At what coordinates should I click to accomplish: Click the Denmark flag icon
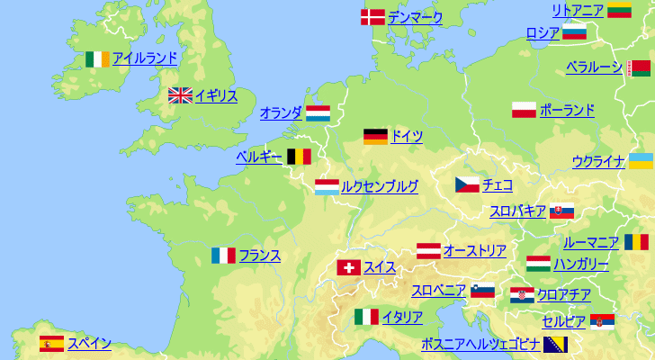pyautogui.click(x=372, y=17)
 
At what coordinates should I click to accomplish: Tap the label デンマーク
pyautogui.click(x=416, y=17)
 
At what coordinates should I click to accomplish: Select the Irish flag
pyautogui.click(x=98, y=58)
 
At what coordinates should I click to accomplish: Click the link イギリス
pyautogui.click(x=216, y=95)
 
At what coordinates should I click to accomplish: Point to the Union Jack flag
pyautogui.click(x=180, y=95)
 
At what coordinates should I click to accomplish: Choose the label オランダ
pyautogui.click(x=281, y=113)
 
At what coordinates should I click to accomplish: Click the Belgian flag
pyautogui.click(x=299, y=157)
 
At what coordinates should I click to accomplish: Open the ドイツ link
pyautogui.click(x=407, y=137)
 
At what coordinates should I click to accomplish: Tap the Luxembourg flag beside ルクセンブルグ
pyautogui.click(x=327, y=187)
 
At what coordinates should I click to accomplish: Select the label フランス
pyautogui.click(x=260, y=256)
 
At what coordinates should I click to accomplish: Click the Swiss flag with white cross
pyautogui.click(x=349, y=267)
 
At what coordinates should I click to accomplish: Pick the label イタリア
pyautogui.click(x=402, y=317)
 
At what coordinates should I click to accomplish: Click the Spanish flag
pyautogui.click(x=51, y=343)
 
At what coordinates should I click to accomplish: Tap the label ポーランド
pyautogui.click(x=567, y=111)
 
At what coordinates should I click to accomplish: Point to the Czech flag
pyautogui.click(x=467, y=185)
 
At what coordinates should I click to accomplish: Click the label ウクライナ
pyautogui.click(x=598, y=162)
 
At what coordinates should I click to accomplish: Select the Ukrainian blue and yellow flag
pyautogui.click(x=641, y=161)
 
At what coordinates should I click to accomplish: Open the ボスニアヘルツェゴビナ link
pyautogui.click(x=480, y=344)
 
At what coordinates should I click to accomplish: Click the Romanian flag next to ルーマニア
pyautogui.click(x=636, y=242)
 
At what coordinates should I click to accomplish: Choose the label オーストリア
pyautogui.click(x=474, y=251)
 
